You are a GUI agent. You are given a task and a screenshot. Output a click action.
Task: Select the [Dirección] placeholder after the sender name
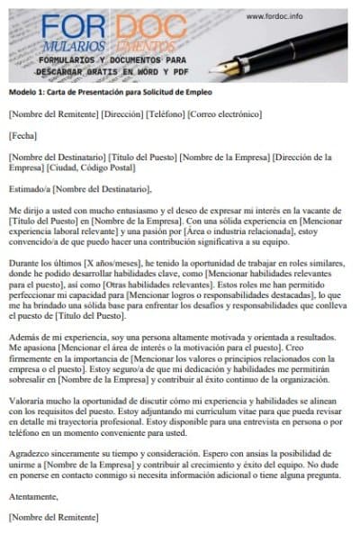click(120, 114)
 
